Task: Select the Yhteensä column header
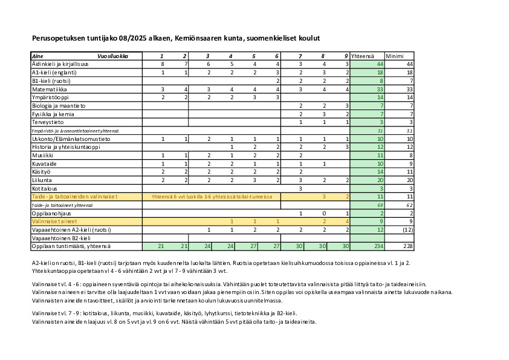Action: coord(363,56)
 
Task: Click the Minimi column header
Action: coord(395,56)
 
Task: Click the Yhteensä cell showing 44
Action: coord(380,64)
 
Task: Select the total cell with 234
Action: coord(379,246)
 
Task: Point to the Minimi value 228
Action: coord(408,246)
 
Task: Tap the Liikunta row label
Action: coord(43,180)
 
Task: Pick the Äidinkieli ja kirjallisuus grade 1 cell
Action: coord(162,64)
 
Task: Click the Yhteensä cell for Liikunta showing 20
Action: coord(380,180)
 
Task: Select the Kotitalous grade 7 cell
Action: coord(300,189)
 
